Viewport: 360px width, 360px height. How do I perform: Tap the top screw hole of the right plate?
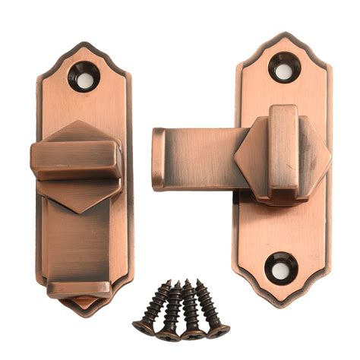pyautogui.click(x=284, y=71)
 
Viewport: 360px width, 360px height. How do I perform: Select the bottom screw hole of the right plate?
pyautogui.click(x=281, y=268)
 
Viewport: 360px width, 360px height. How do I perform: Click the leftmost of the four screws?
pyautogui.click(x=152, y=308)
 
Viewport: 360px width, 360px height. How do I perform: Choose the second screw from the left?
pyautogui.click(x=171, y=310)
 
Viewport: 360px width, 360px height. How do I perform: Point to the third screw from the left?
pyautogui.click(x=190, y=310)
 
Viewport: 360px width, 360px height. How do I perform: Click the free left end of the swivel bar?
pyautogui.click(x=158, y=158)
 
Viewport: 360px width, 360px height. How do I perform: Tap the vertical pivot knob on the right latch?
pyautogui.click(x=283, y=148)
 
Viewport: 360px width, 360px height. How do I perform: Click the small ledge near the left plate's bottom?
pyautogui.click(x=78, y=289)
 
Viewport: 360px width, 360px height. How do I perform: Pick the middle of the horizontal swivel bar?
pyautogui.click(x=201, y=158)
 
